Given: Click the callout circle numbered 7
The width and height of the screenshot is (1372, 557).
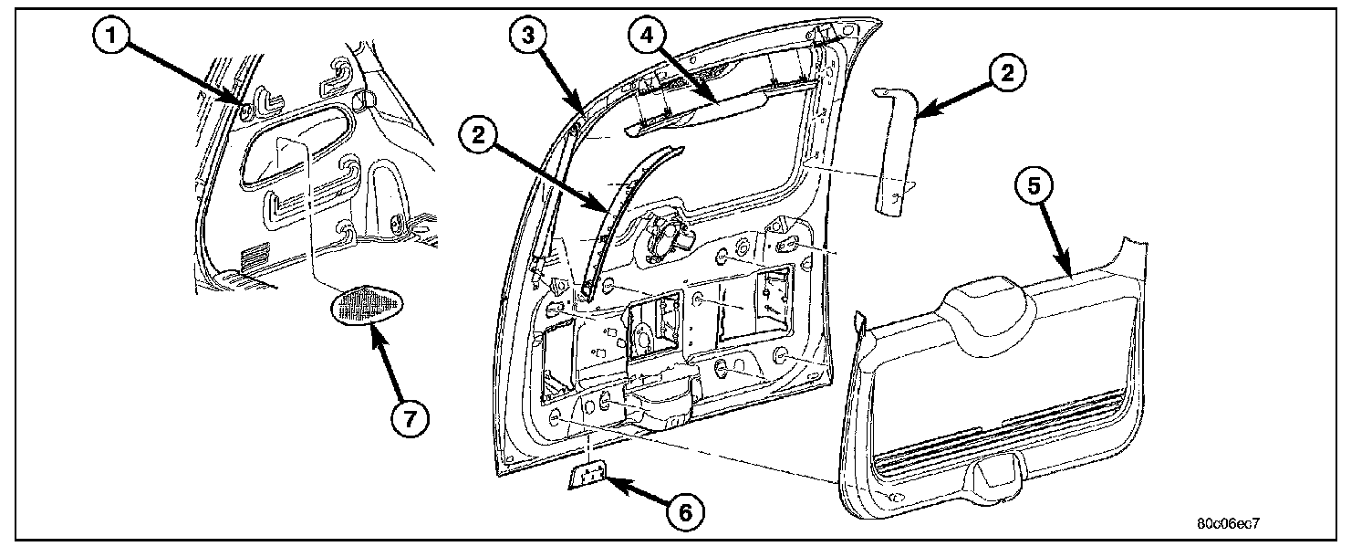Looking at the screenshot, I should click(x=410, y=419).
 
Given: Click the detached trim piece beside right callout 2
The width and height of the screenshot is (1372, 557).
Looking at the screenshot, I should click(x=894, y=151).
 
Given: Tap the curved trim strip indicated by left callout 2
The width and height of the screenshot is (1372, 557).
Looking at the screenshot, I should click(x=620, y=210).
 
